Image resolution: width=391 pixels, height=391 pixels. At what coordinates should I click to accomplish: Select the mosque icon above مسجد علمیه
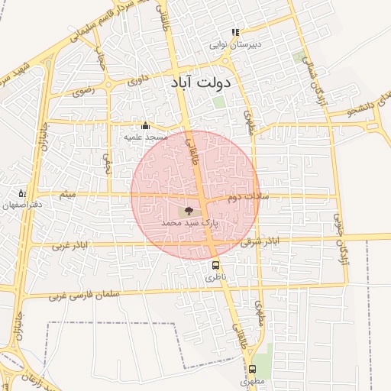click(x=146, y=125)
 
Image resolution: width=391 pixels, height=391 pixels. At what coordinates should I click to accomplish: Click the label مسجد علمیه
click(x=146, y=137)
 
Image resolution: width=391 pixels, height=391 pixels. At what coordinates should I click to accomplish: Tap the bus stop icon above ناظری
click(x=215, y=267)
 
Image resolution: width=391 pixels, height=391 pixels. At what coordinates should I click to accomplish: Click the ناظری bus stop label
click(x=215, y=279)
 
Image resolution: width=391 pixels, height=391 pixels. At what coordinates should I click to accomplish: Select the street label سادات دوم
click(x=245, y=197)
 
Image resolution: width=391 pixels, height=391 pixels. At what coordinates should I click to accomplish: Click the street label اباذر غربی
click(x=71, y=246)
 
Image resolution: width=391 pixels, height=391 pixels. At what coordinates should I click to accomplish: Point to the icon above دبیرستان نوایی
click(x=235, y=33)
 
